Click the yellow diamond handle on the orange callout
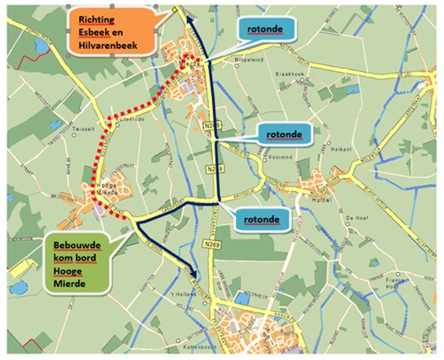pos(175,10)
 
